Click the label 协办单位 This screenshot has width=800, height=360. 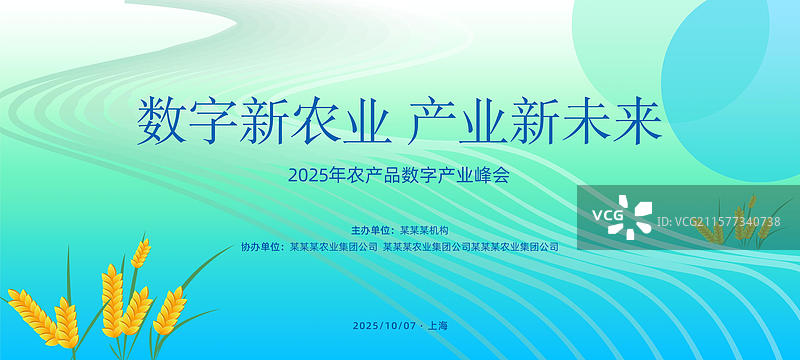click(259, 246)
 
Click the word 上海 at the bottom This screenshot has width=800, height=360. click(437, 326)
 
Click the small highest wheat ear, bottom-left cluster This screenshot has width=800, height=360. click(140, 251)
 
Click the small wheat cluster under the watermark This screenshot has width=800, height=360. click(735, 229)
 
